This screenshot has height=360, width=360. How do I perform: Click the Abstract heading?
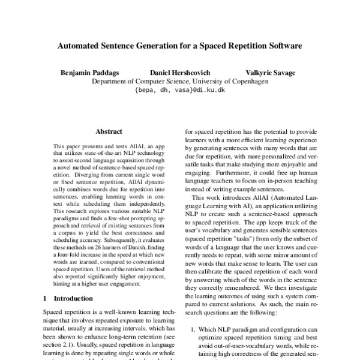pos(108,131)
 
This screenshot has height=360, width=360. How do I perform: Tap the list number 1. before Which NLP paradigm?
pos(192,329)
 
